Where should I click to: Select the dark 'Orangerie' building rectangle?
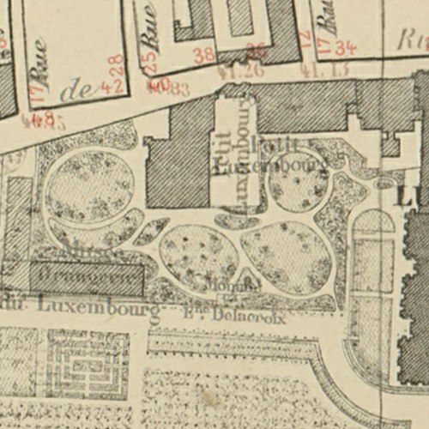[87, 279]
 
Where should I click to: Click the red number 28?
[114, 66]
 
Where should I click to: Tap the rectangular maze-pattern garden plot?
[87, 365]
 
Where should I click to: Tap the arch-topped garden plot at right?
[374, 257]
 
